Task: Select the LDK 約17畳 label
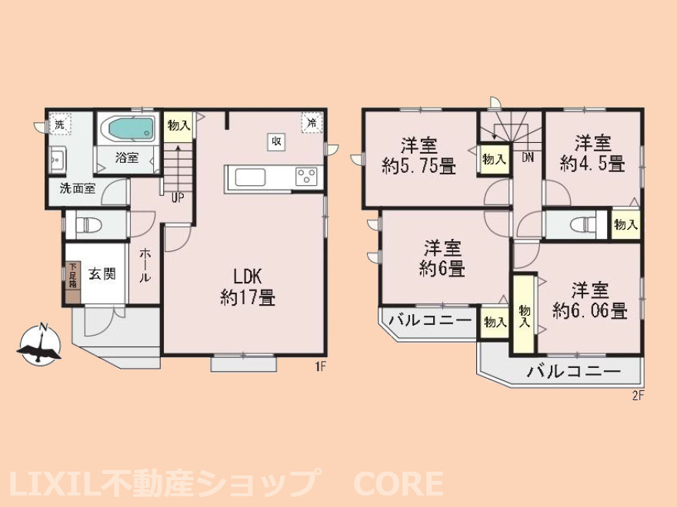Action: [x=248, y=286]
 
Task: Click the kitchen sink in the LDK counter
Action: [x=250, y=177]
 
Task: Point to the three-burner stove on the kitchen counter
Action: [x=306, y=177]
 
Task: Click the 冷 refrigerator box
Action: [x=312, y=124]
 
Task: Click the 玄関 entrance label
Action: [x=102, y=274]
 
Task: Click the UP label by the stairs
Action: [x=178, y=197]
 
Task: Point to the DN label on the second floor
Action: [x=528, y=157]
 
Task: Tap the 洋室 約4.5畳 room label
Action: [x=592, y=154]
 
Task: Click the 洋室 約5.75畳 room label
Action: [x=419, y=156]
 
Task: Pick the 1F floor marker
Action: [x=320, y=367]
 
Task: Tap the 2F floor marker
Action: [x=638, y=396]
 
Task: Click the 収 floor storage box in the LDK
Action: [x=277, y=141]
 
